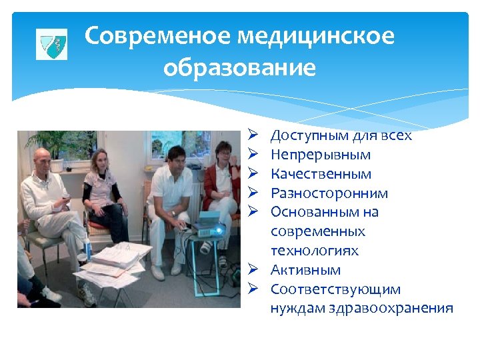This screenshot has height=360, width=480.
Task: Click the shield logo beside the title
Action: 51,45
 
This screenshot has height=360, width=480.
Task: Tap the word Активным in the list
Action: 305,270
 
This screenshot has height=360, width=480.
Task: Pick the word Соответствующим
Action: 335,289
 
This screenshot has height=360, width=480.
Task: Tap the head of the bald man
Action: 41,159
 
